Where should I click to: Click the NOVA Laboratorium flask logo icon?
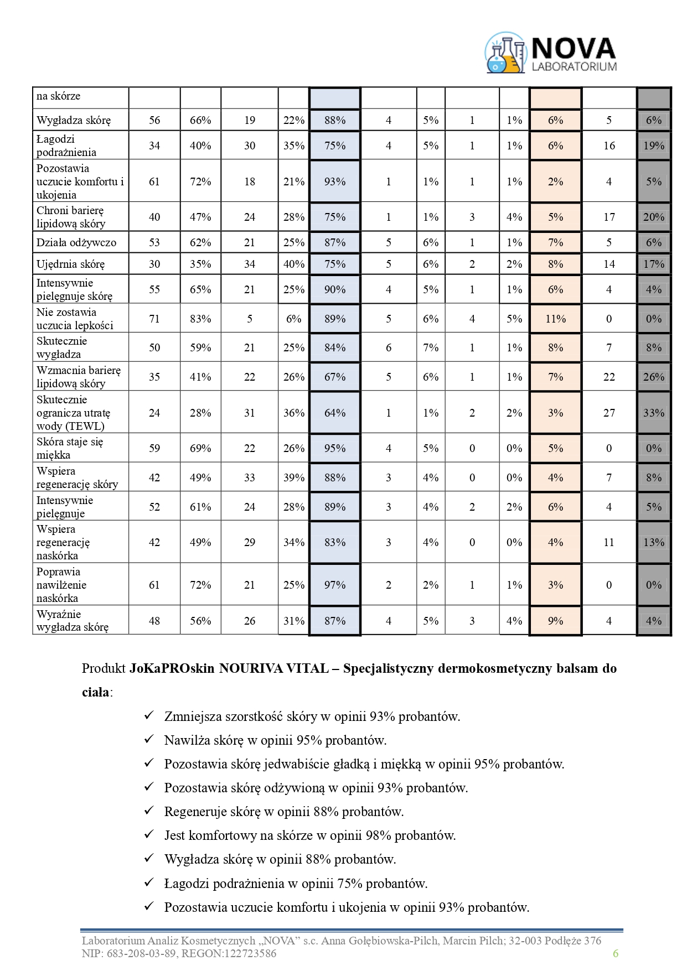pyautogui.click(x=505, y=53)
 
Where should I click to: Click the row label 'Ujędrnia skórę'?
pyautogui.click(x=70, y=264)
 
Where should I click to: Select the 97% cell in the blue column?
pyautogui.click(x=335, y=585)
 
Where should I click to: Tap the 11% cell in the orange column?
pyautogui.click(x=555, y=319)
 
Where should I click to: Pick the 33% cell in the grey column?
pyautogui.click(x=654, y=413)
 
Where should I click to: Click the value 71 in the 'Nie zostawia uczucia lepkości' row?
pyautogui.click(x=154, y=319)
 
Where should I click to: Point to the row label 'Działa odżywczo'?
pyautogui.click(x=76, y=242)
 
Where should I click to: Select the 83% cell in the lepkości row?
pyautogui.click(x=200, y=319)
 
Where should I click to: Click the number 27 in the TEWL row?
pyautogui.click(x=609, y=413)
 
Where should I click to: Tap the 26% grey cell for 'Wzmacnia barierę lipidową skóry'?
pyautogui.click(x=654, y=377)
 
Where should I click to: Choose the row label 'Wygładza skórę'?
pyautogui.click(x=74, y=120)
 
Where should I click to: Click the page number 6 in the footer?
pyautogui.click(x=616, y=953)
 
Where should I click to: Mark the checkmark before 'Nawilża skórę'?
pyautogui.click(x=148, y=739)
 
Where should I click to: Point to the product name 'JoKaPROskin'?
pyautogui.click(x=172, y=668)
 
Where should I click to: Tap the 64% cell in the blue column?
pyautogui.click(x=335, y=413)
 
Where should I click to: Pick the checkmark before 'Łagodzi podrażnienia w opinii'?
pyautogui.click(x=148, y=882)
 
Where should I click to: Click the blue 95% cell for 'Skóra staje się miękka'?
pyautogui.click(x=335, y=448)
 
